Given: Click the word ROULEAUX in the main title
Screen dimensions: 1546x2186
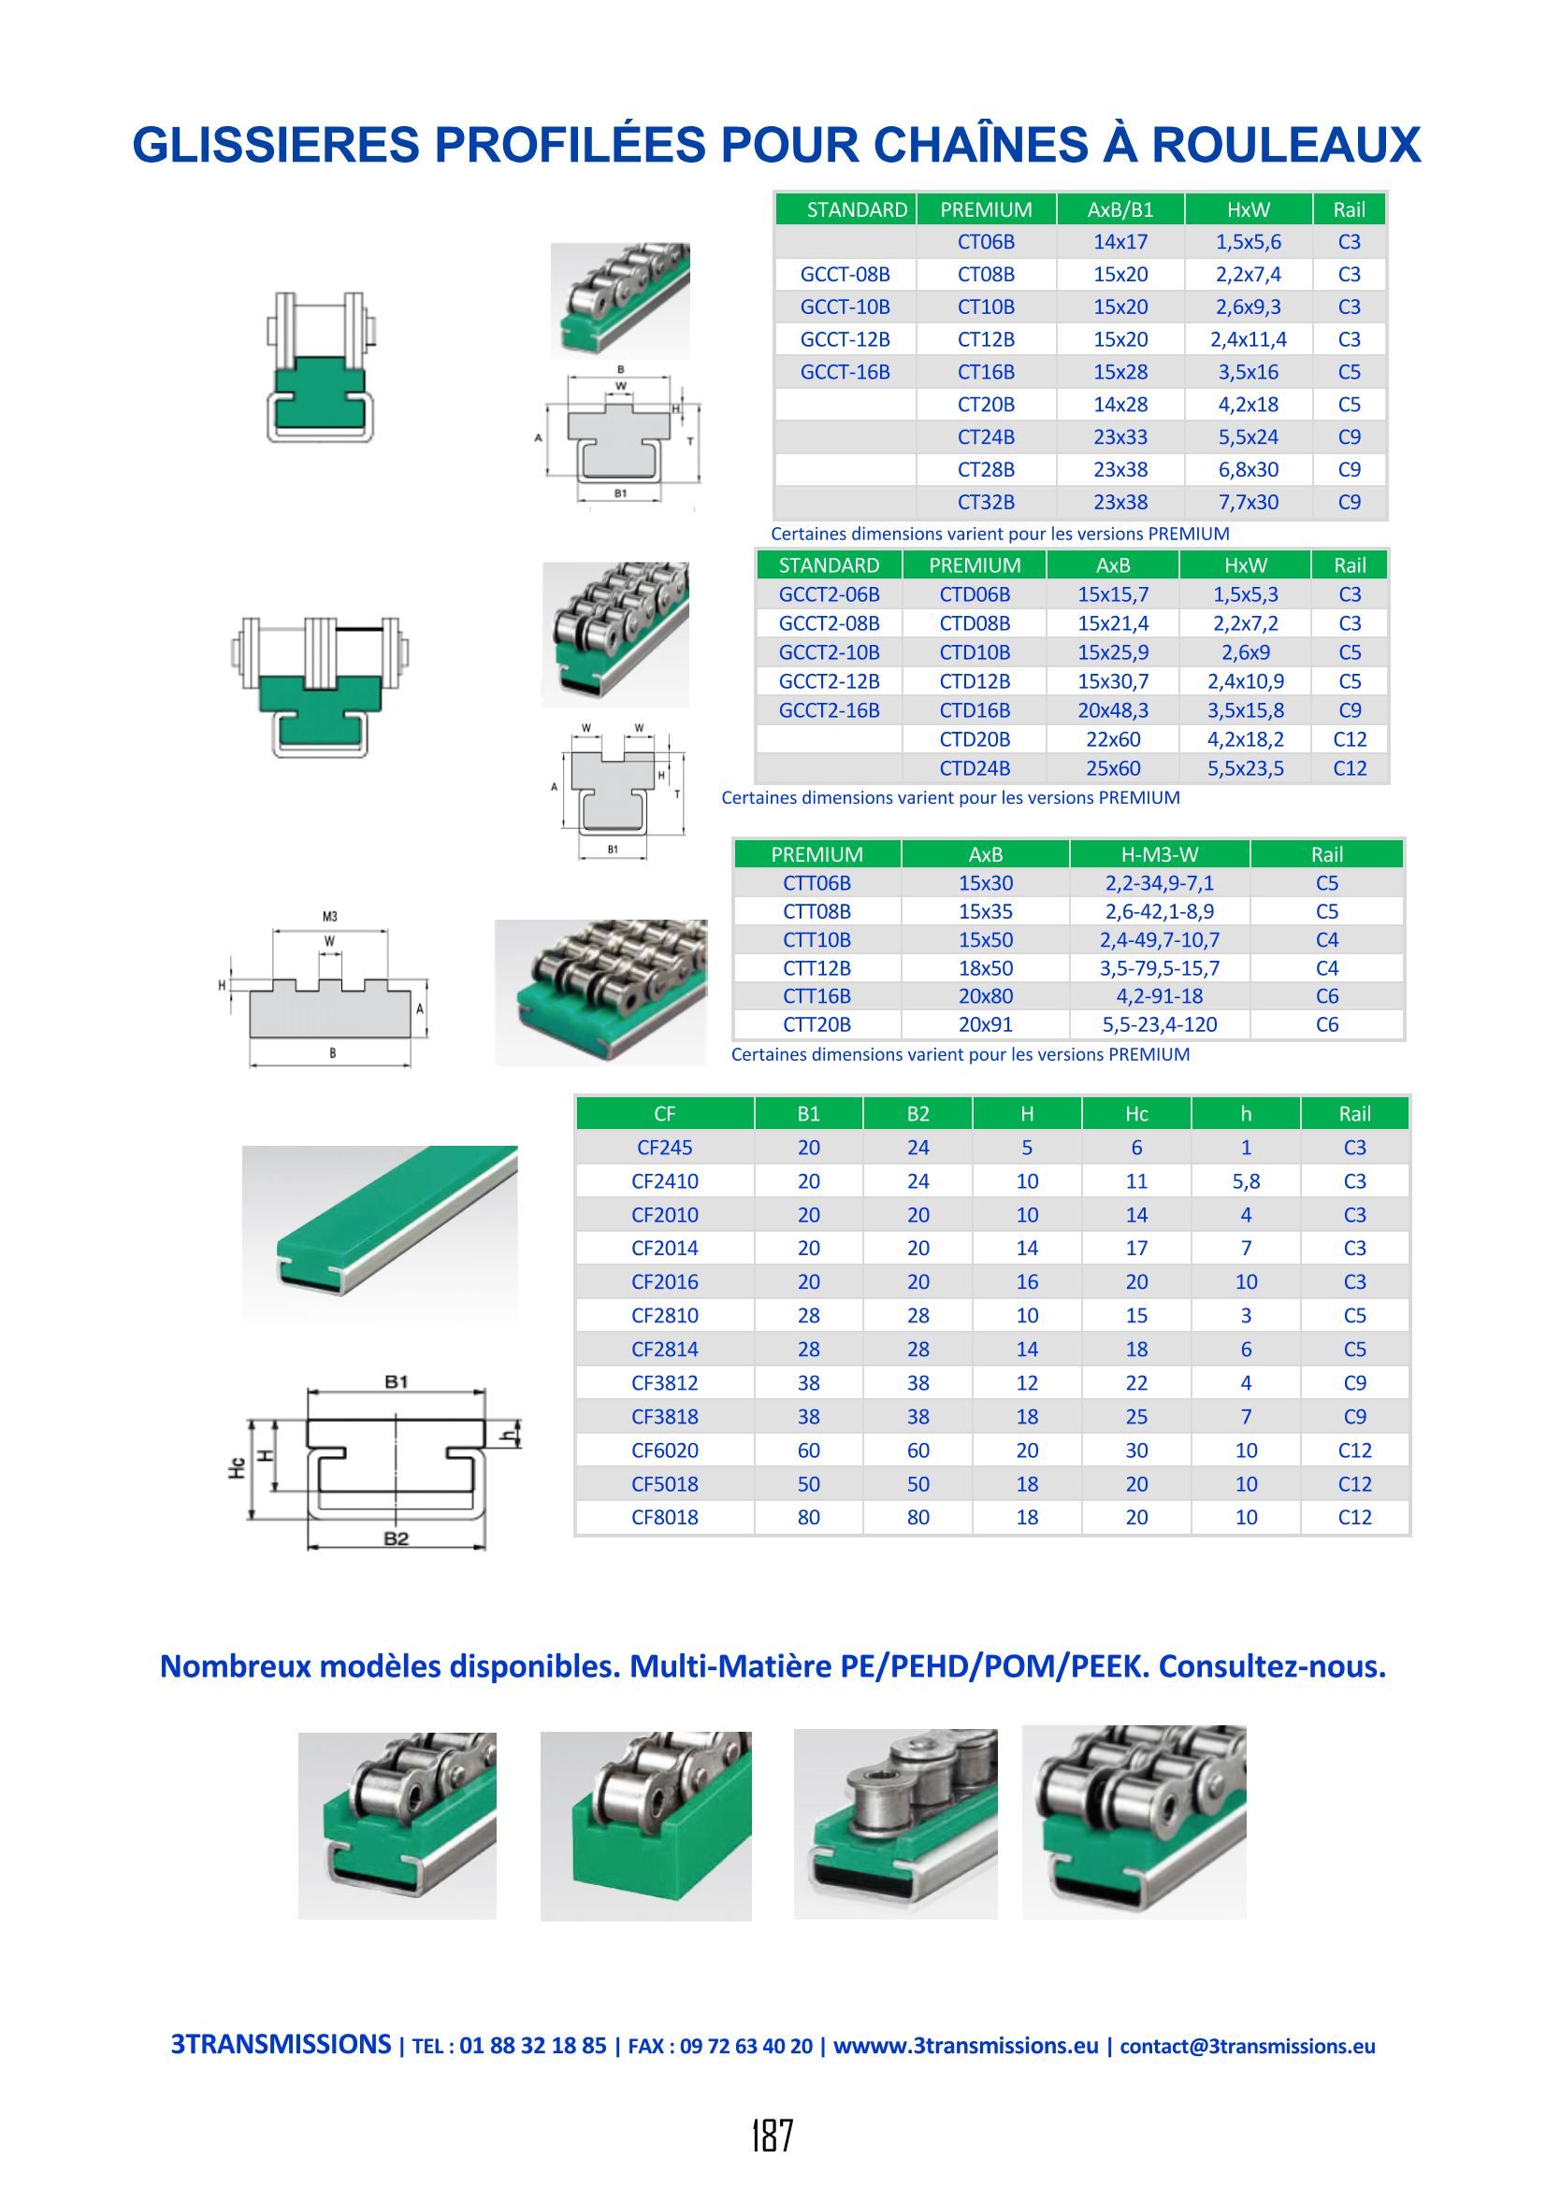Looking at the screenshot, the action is point(1286,145).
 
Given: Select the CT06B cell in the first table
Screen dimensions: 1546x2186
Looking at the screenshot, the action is point(986,242).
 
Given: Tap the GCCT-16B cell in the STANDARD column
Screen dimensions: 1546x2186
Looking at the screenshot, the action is point(845,372).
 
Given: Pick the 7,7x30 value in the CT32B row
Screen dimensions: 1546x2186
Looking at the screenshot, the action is point(1248,502).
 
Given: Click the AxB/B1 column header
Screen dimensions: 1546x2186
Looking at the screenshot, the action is point(1120,209).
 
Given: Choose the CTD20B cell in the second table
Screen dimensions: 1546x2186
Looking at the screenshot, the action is point(975,739).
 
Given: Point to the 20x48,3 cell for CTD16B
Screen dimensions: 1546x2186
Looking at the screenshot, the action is point(1113,710).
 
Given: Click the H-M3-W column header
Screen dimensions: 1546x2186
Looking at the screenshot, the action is point(1159,854).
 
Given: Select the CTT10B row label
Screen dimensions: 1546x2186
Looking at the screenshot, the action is point(816,939).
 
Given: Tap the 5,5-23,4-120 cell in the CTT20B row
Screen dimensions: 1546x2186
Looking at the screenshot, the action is point(1159,1024).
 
